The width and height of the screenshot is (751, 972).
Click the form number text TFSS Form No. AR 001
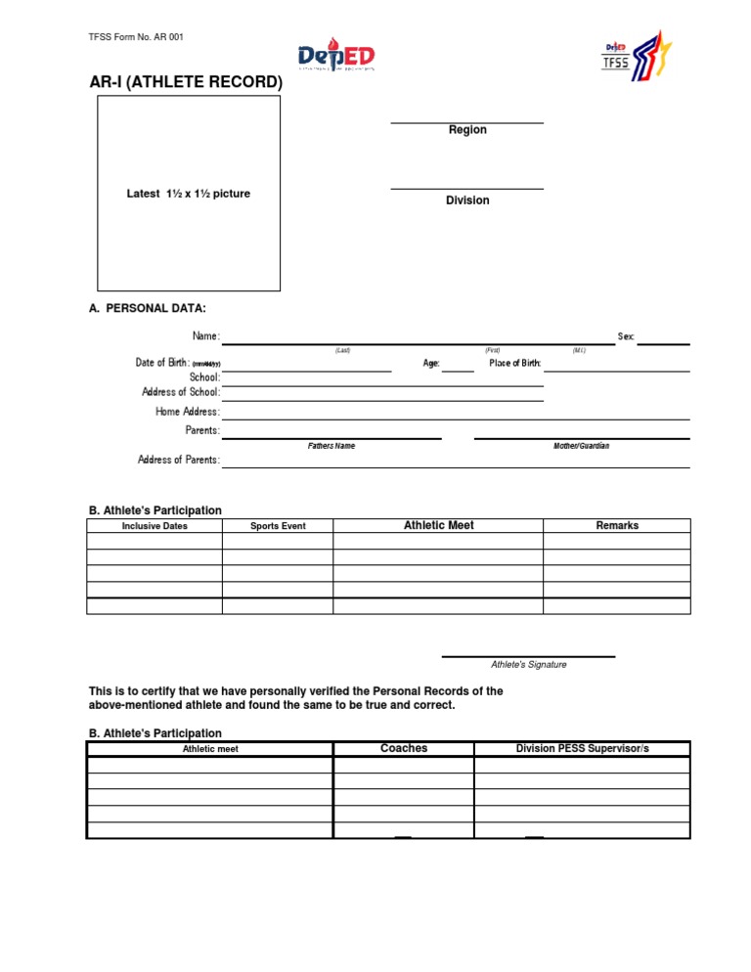pos(136,37)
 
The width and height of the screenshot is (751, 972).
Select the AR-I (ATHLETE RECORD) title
pos(186,83)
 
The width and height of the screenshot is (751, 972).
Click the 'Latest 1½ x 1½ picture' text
pos(188,194)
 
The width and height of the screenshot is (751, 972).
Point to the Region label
pos(467,130)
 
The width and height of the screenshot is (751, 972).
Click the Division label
pos(467,200)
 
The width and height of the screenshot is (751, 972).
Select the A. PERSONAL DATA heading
pos(148,309)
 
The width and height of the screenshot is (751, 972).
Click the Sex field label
pos(626,336)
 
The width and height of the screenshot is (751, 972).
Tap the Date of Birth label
pos(162,363)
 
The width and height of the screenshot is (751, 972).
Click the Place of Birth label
pos(515,364)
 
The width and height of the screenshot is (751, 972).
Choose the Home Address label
pos(188,412)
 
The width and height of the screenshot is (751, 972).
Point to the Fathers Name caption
pos(331,446)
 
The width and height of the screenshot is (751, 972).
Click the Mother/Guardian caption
pos(581,446)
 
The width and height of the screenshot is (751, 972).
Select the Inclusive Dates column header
pos(155,526)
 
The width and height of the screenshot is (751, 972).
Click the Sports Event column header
pos(278,526)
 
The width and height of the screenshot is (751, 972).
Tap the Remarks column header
pos(617,526)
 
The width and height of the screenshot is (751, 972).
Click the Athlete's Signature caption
pos(529,665)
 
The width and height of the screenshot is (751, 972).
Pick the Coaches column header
pos(404,748)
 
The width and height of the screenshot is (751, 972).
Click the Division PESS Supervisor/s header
pos(582,748)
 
